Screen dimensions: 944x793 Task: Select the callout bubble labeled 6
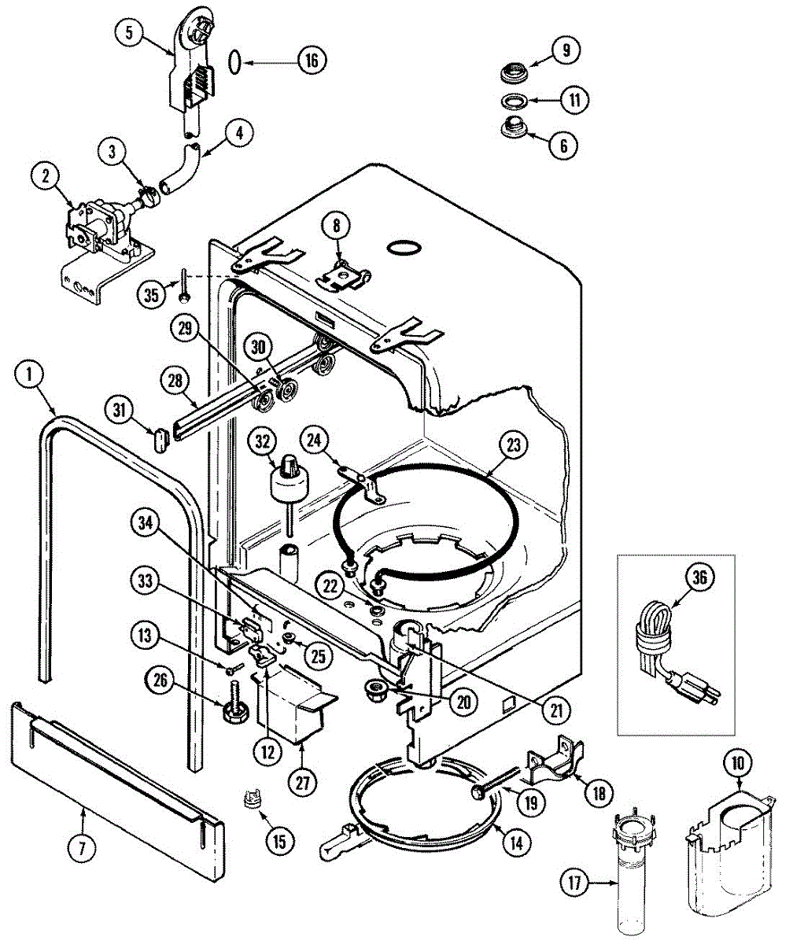click(564, 145)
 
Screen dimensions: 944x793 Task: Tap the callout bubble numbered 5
click(128, 34)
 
